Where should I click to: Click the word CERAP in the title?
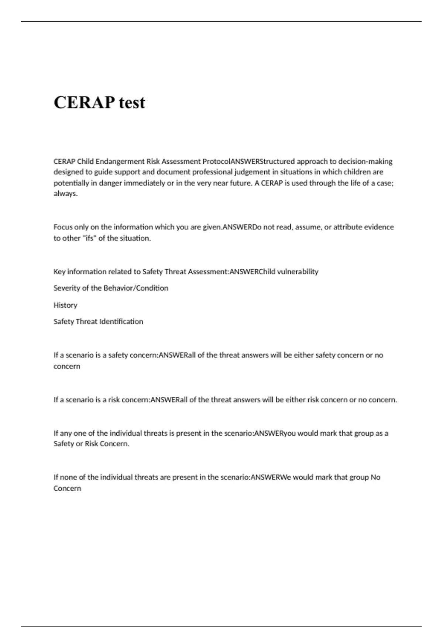84,102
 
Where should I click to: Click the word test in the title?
132,102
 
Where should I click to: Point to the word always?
65,194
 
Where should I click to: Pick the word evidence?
379,227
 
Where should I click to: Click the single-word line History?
65,305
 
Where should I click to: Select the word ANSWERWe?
271,477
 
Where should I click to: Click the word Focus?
63,227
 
